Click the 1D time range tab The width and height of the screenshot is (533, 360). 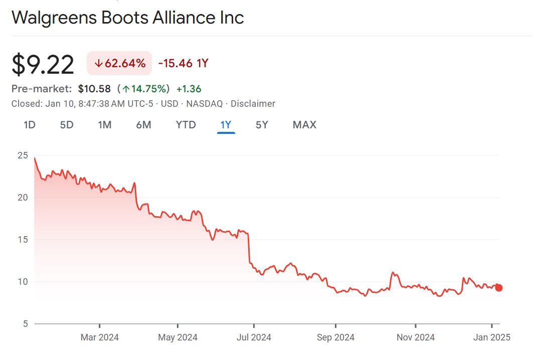click(30, 125)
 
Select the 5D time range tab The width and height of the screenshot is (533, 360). click(67, 125)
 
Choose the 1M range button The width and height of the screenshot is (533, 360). click(104, 125)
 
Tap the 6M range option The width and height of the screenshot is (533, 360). click(143, 125)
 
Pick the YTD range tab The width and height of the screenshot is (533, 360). click(186, 125)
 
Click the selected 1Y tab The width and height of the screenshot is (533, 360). click(226, 125)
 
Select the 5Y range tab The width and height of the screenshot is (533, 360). click(262, 125)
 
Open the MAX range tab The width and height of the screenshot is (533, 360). click(304, 125)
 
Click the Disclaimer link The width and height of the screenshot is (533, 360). click(253, 104)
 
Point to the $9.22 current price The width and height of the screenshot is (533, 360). click(43, 65)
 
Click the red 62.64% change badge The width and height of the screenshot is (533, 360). click(119, 63)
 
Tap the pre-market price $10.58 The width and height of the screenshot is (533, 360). click(94, 89)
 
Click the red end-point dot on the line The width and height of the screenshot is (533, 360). click(498, 288)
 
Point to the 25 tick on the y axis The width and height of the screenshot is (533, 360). click(23, 155)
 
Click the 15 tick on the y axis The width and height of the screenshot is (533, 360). click(23, 240)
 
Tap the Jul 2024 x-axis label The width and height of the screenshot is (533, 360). click(254, 337)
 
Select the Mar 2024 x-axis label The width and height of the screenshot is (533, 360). click(100, 337)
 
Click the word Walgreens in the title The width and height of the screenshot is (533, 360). click(54, 18)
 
